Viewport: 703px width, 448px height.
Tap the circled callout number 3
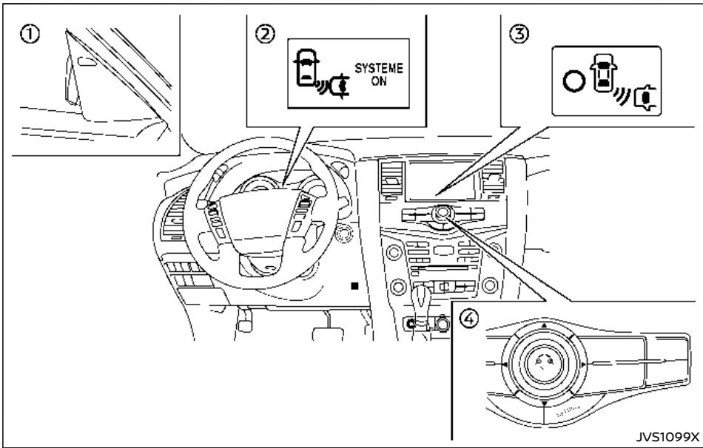point(511,32)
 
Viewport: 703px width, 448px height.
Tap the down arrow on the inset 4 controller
point(545,405)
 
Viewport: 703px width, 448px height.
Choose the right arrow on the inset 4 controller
point(584,364)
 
